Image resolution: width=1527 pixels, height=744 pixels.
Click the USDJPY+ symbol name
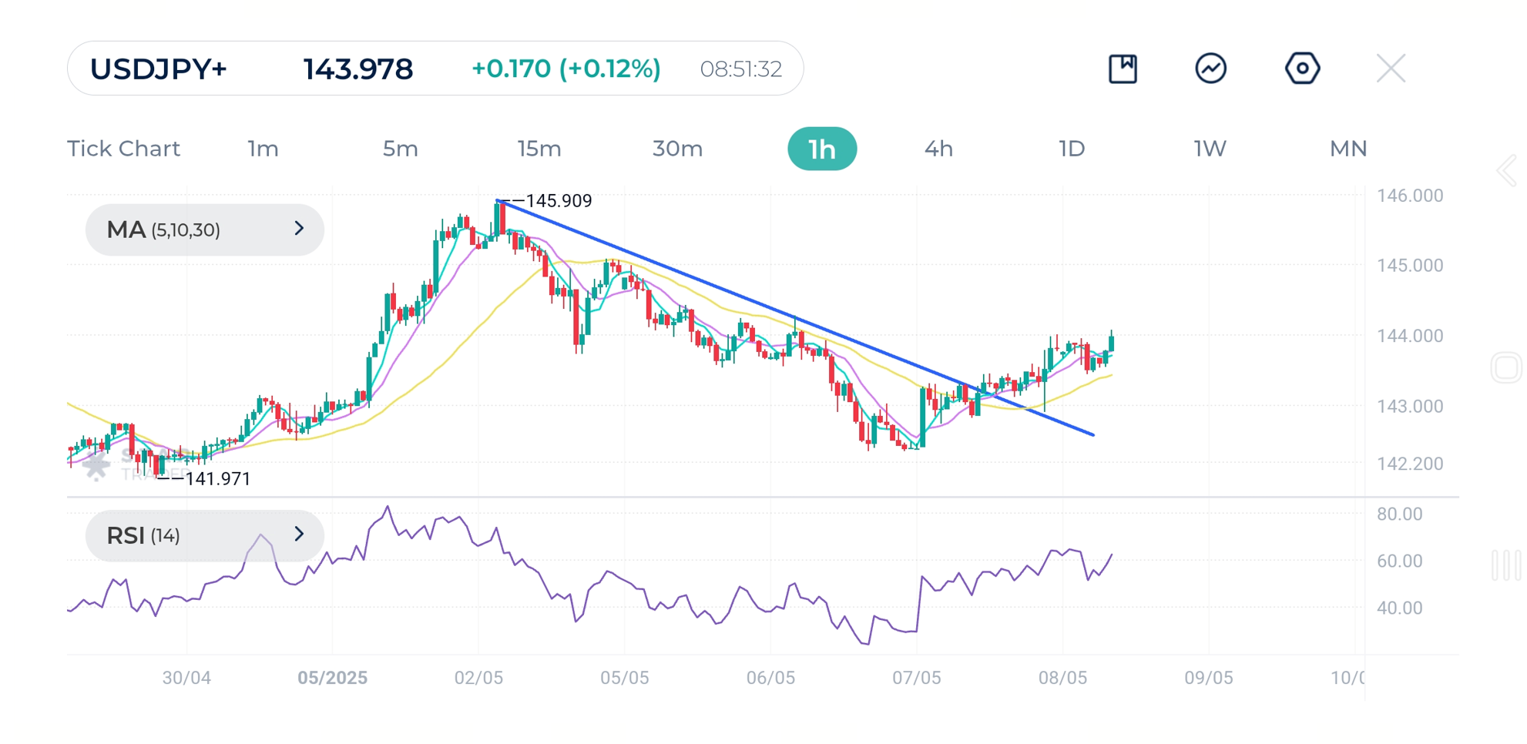coord(158,69)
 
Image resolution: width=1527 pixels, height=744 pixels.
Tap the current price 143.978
coord(357,69)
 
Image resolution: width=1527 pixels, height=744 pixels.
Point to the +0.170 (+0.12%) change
coord(565,69)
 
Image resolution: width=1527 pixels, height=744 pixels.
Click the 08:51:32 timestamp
coord(740,69)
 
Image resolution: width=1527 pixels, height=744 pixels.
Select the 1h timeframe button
coord(821,149)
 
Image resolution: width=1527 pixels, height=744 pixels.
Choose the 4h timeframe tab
coord(938,149)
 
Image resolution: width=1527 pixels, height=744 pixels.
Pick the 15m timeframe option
coord(539,149)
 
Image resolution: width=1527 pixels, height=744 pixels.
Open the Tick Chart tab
coord(123,149)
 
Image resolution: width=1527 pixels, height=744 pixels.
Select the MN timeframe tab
coord(1347,149)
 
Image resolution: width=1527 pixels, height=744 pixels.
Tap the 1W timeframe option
coord(1209,149)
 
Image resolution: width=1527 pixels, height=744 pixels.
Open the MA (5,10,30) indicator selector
coord(204,230)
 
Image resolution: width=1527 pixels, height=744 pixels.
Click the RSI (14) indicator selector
coord(204,535)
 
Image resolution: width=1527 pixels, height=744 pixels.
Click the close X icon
coord(1391,69)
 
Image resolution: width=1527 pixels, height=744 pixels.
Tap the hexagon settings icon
coord(1302,69)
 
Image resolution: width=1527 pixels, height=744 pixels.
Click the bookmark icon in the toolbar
coord(1123,69)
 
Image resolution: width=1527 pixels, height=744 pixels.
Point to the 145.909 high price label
coord(558,201)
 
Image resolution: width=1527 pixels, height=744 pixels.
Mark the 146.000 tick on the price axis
coord(1409,196)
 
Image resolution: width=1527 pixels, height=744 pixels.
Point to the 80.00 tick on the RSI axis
coord(1399,514)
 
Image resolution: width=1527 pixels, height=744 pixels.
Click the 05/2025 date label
coord(332,678)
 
